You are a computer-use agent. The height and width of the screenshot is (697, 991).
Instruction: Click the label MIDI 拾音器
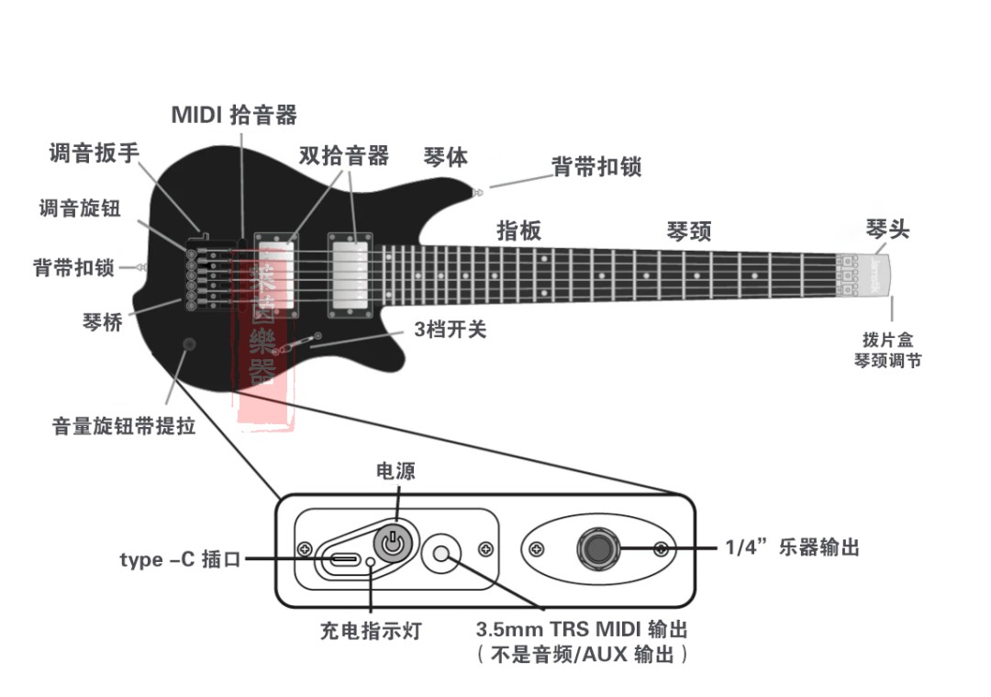[x=235, y=115]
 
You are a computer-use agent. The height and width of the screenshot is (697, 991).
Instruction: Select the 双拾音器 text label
[x=344, y=155]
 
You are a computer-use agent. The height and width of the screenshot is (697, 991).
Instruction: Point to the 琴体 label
[x=446, y=157]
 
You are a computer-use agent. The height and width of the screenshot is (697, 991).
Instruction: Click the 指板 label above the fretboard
[x=518, y=230]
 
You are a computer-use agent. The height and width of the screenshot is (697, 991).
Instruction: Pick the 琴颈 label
[x=688, y=231]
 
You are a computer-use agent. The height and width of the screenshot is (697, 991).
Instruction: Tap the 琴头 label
[x=887, y=229]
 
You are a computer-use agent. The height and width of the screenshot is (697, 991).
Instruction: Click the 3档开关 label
[x=450, y=330]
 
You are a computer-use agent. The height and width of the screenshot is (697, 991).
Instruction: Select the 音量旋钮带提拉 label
[x=124, y=426]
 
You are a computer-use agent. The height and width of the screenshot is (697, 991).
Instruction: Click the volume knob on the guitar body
[x=189, y=344]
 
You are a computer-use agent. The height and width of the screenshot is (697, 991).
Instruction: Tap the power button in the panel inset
[x=393, y=543]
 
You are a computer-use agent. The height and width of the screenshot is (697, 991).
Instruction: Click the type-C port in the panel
[x=345, y=559]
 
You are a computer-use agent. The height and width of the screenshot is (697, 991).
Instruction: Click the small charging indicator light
[x=371, y=562]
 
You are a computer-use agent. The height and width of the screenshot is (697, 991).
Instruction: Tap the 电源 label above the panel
[x=396, y=472]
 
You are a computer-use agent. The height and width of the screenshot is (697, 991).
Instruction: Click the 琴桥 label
[x=102, y=322]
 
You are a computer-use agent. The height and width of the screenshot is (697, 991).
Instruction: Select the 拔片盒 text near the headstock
[x=887, y=341]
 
